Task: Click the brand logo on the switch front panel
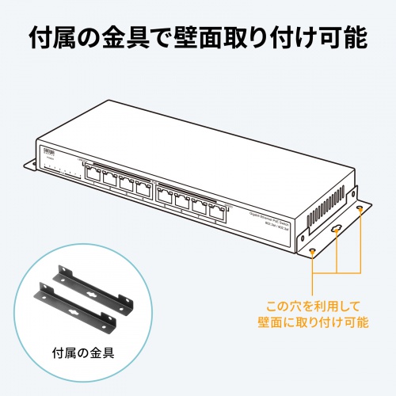46,150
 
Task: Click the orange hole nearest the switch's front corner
314,251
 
